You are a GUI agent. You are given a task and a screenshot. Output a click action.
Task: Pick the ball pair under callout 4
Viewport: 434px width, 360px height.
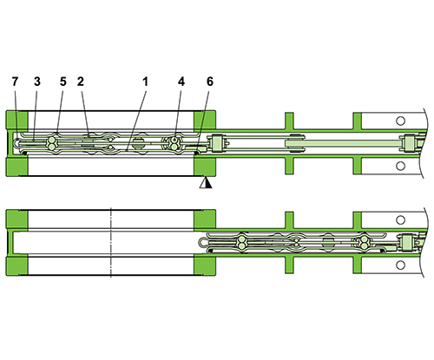point(176,142)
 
